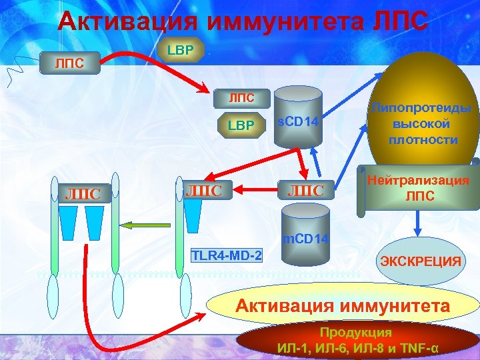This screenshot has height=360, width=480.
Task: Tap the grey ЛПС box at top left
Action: coord(70,64)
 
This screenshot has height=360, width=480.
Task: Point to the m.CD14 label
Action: coord(305,238)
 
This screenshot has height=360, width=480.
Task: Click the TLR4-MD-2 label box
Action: coord(227,255)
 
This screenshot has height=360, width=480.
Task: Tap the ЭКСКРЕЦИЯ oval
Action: coord(420,261)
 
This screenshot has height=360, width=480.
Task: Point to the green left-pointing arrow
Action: coord(151,225)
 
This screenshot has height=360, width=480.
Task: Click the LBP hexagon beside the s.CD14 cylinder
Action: coord(241,125)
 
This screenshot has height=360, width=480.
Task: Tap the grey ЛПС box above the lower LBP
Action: coord(241,99)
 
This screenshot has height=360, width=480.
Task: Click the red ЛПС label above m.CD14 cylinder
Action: coord(305,191)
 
